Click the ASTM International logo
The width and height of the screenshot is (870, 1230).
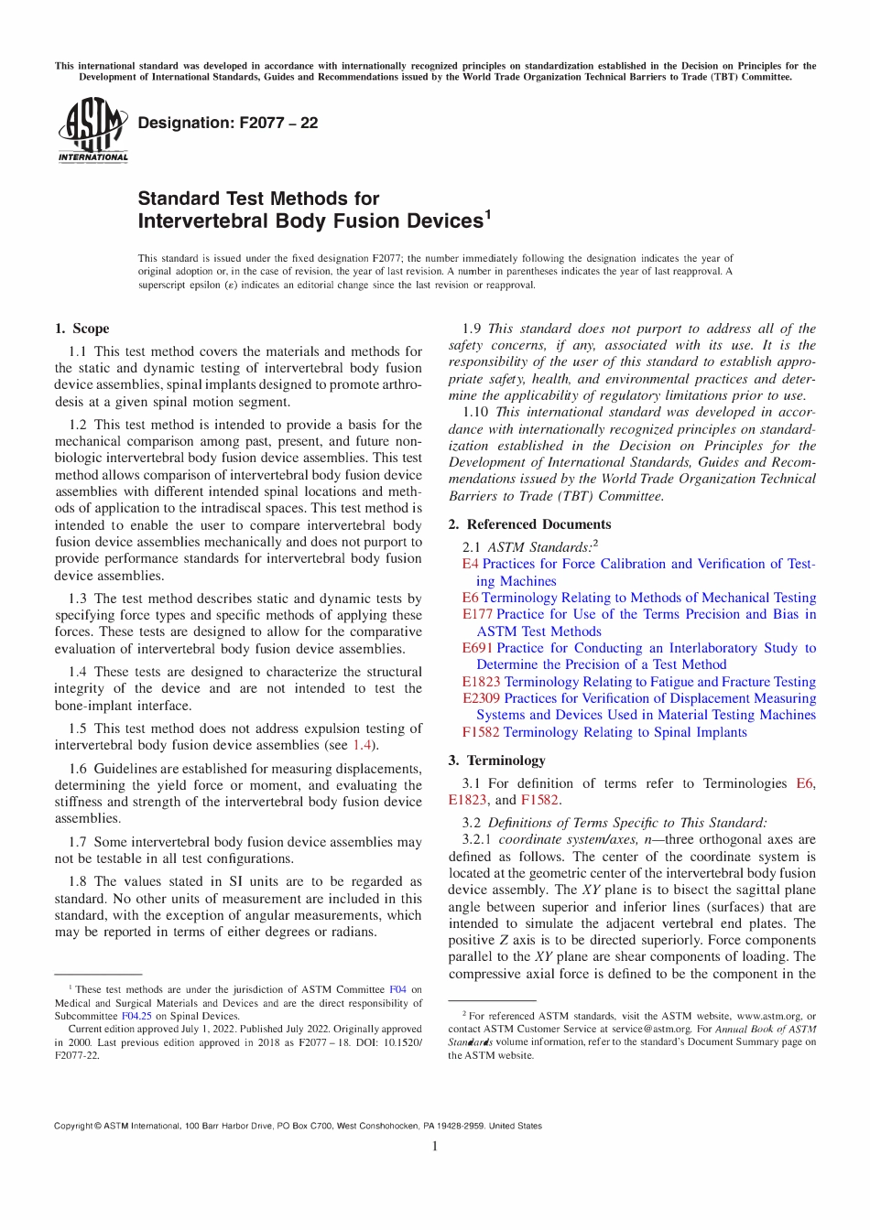pos(92,130)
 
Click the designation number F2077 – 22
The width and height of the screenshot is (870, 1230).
pos(277,123)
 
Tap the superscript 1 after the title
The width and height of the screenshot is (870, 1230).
pos(487,215)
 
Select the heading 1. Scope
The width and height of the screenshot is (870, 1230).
pos(82,329)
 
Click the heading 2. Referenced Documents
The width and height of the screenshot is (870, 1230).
pos(529,524)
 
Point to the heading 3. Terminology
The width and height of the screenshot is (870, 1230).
pos(496,761)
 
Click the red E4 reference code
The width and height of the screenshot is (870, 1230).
pos(470,565)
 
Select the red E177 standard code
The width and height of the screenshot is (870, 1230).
pos(477,615)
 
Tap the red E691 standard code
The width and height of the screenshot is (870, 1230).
pos(477,648)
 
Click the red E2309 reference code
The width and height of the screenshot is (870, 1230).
pos(481,698)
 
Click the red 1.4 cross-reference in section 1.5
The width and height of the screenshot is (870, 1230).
pos(362,746)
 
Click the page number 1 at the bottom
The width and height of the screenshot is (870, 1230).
pos(435,1147)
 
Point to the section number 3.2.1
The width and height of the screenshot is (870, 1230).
pos(476,839)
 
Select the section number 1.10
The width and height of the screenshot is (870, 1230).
pos(475,413)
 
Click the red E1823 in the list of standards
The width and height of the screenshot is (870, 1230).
pos(481,682)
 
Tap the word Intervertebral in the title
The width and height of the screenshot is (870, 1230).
pos(191,221)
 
